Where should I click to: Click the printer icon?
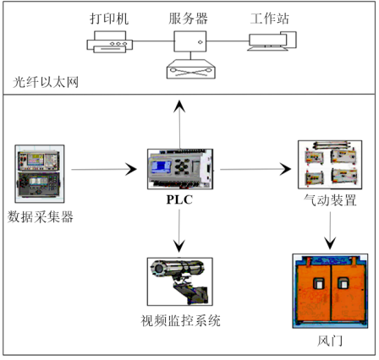tap(109, 41)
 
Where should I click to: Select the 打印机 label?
tap(109, 19)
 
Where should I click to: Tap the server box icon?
tap(190, 41)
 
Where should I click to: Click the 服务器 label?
tap(188, 19)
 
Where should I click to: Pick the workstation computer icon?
tap(272, 41)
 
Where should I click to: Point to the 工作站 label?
tap(270, 19)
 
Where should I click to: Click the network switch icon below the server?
tap(191, 69)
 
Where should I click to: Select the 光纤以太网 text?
tap(46, 82)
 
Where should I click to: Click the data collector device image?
tap(40, 174)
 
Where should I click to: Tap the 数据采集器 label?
tap(41, 216)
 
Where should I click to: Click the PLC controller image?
tap(180, 169)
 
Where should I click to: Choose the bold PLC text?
tap(179, 199)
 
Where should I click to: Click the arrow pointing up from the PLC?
tap(179, 124)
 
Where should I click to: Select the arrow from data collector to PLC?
tap(104, 169)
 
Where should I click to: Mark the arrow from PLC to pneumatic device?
tap(255, 169)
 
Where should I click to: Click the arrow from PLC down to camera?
tap(179, 231)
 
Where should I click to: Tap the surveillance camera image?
tap(180, 281)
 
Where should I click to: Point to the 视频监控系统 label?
tap(180, 320)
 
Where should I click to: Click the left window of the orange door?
tap(319, 283)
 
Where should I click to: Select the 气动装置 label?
tap(330, 200)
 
